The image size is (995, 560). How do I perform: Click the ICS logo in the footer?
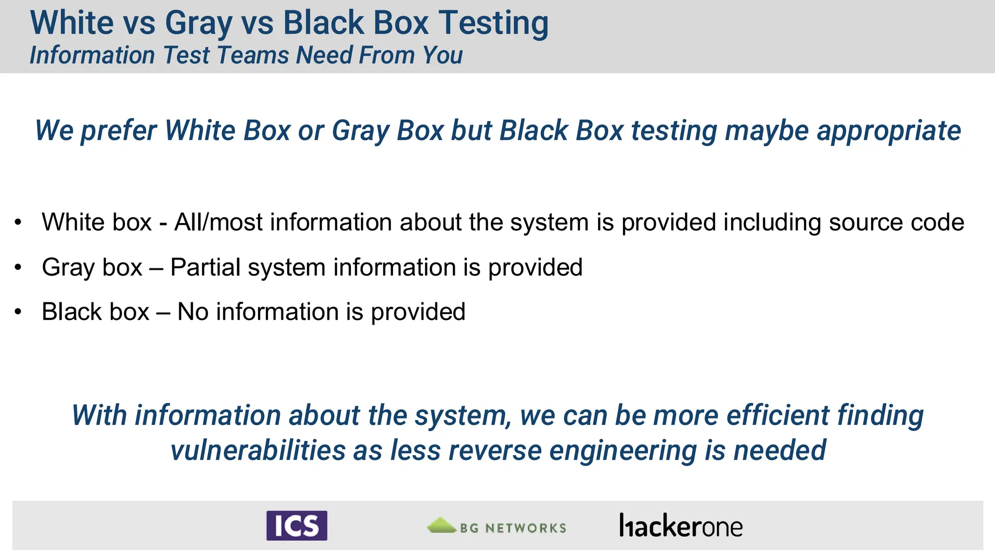[296, 525]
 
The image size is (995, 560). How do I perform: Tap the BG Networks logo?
[497, 526]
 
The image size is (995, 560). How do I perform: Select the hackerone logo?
[681, 526]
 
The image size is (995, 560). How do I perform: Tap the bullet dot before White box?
[18, 223]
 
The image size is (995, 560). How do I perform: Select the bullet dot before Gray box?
[18, 267]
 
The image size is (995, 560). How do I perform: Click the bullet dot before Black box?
[18, 312]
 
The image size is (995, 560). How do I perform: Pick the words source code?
[896, 223]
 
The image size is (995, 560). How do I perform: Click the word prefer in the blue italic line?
[119, 131]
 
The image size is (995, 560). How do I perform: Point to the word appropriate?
[889, 131]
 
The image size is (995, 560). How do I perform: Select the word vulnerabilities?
[258, 450]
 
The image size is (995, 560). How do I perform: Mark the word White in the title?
[72, 23]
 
